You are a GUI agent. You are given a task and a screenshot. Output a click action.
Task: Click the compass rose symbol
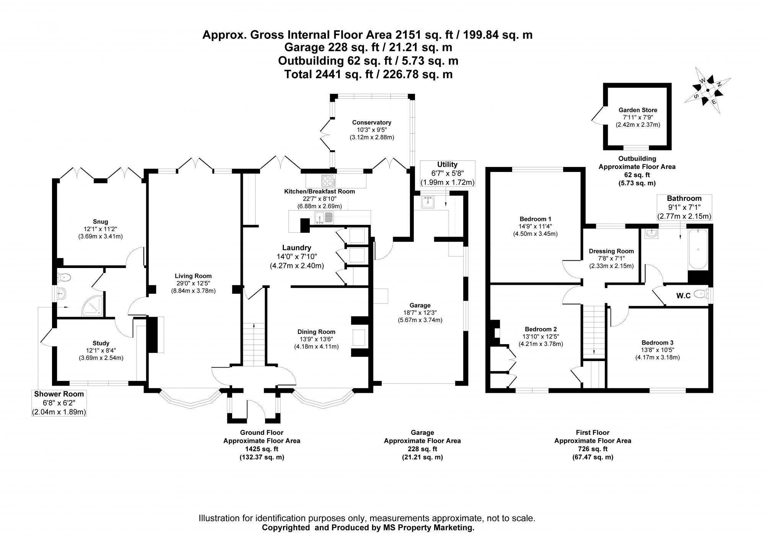pos(707,91)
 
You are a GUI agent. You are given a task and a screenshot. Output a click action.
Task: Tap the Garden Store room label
pos(638,110)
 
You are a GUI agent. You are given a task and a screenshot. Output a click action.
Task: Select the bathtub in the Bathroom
pos(698,249)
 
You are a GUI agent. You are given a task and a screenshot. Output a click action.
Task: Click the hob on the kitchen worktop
pos(328,180)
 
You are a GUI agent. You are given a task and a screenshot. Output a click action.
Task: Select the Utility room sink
pos(427,202)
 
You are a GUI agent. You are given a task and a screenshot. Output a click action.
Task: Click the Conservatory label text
pos(371,123)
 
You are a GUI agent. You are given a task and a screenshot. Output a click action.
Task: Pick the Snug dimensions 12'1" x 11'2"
pos(100,229)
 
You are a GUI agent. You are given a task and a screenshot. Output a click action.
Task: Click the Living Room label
pos(193,276)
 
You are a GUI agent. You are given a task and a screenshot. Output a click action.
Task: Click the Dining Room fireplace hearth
pos(359,337)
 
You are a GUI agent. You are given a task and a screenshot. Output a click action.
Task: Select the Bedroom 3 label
pos(657,343)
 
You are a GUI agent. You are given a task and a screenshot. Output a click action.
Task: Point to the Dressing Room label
pos(611,251)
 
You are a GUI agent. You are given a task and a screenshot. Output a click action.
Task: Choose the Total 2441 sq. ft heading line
pos(368,74)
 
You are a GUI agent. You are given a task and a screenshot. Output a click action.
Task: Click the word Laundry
pos(296,248)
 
